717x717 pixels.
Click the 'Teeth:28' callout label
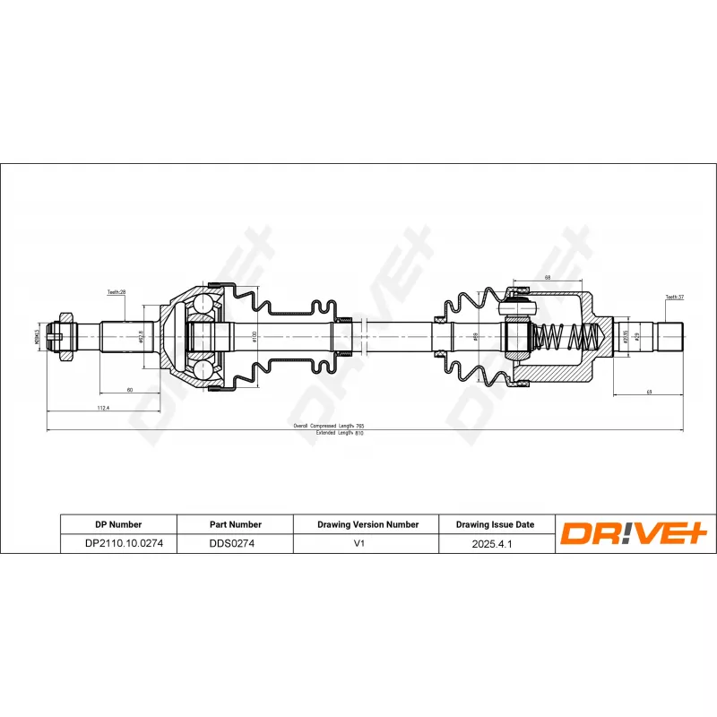pos(117,292)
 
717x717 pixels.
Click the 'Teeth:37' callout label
pos(674,297)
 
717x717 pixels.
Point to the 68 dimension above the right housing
pos(547,278)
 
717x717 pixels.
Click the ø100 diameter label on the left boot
pos(255,336)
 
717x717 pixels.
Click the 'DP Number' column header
pos(118,524)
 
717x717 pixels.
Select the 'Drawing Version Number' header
pos(367,524)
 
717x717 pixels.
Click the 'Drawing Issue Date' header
pos(495,524)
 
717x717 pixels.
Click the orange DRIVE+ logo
pos(635,534)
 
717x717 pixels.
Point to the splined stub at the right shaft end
pos(671,337)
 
